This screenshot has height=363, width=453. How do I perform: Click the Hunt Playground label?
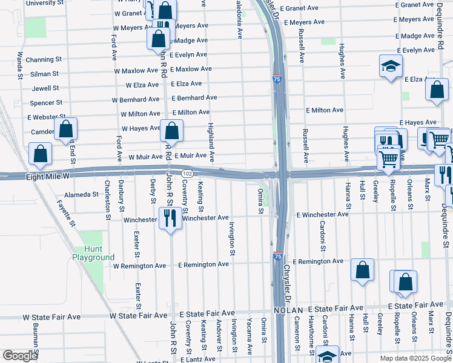coord(93,253)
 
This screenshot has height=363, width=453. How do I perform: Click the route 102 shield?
coord(187,174)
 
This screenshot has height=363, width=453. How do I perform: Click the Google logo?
coord(20,356)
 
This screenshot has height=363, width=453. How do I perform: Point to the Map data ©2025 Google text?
coord(415,358)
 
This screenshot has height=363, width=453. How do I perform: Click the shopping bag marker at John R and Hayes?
coord(172,131)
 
